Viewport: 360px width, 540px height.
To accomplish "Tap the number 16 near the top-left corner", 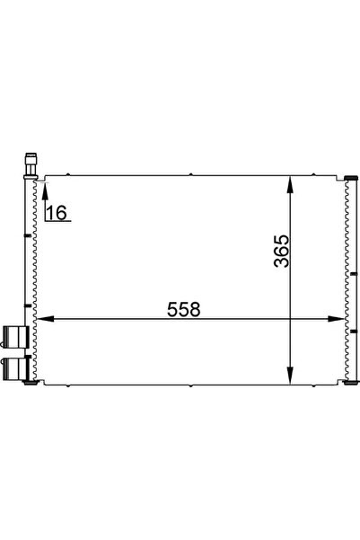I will point(56,212).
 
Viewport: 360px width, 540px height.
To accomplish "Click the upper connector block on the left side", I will point(14,337).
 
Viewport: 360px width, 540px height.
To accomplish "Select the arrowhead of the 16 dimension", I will point(42,185).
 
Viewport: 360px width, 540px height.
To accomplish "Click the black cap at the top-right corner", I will point(350,176).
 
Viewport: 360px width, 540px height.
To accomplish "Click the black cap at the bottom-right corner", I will point(350,384).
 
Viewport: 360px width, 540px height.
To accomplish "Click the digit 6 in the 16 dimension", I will point(61,212).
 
